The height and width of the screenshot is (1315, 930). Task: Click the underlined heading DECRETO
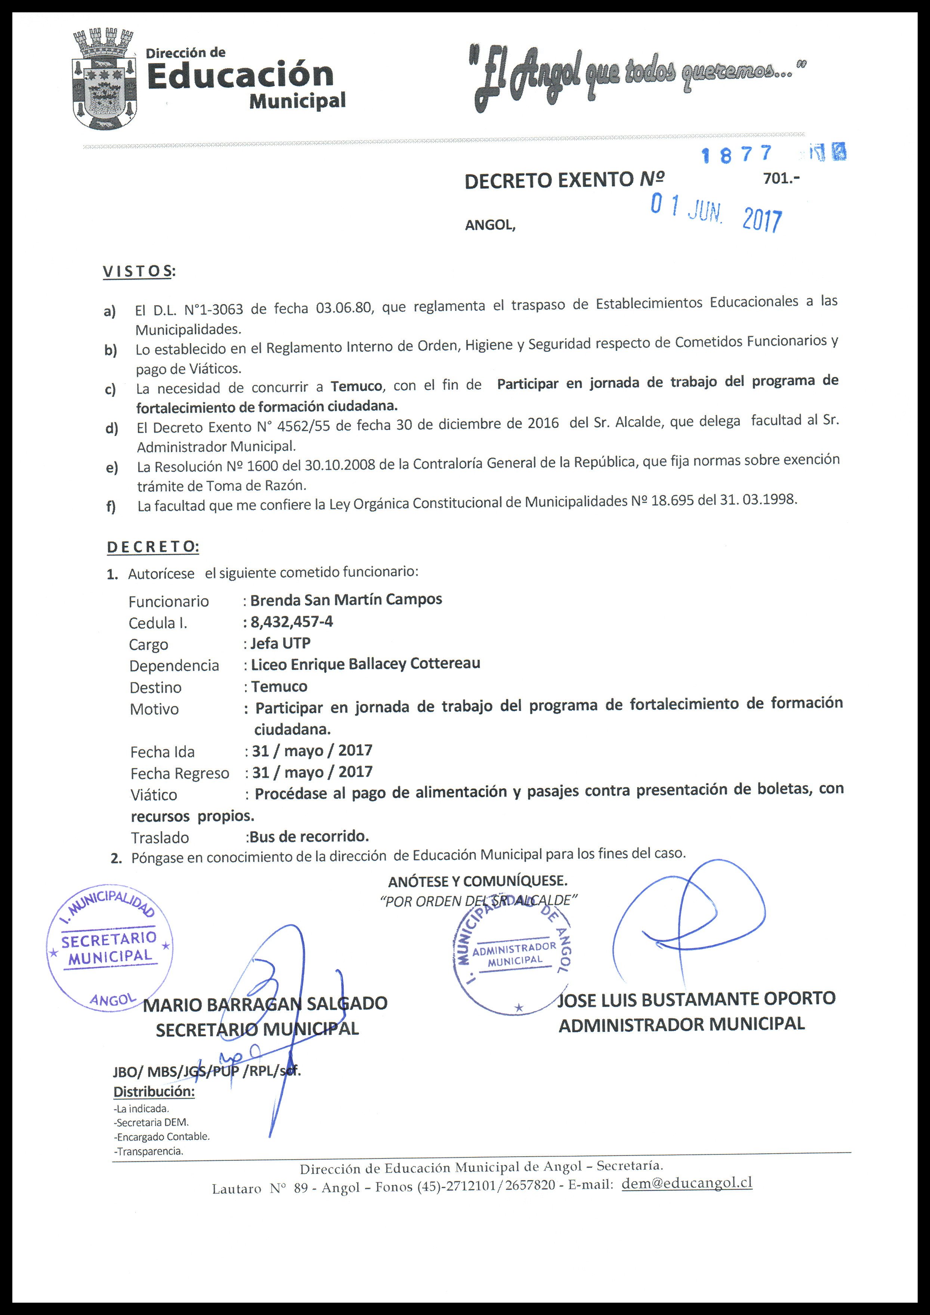(153, 547)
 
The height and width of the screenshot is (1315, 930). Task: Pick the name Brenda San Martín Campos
(346, 600)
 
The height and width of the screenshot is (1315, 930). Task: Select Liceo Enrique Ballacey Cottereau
(365, 664)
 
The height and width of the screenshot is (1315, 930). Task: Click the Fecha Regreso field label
(179, 774)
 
